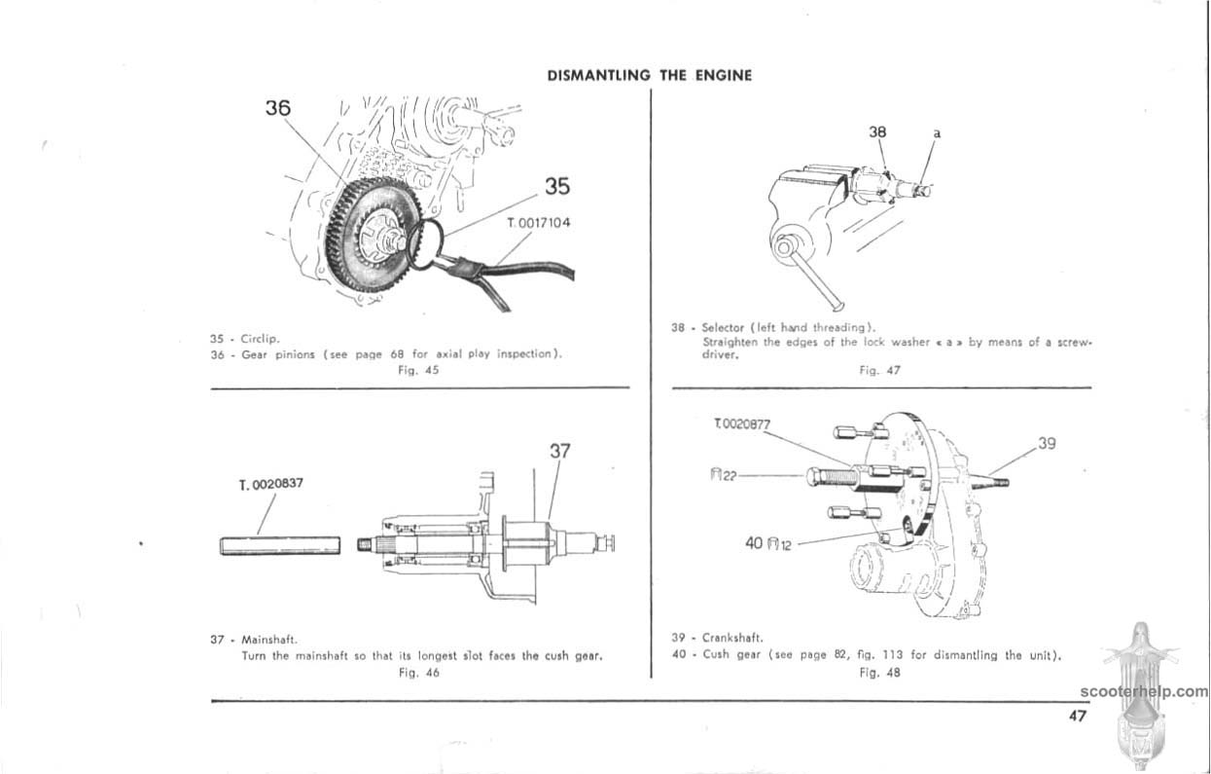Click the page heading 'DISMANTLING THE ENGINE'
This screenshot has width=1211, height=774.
tap(649, 75)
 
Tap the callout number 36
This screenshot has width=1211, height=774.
tap(278, 108)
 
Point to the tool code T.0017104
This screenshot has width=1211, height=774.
tap(539, 223)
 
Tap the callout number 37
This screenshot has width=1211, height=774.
tap(559, 451)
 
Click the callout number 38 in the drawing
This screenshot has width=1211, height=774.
tap(878, 129)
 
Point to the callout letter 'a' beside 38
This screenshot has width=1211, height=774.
tap(938, 130)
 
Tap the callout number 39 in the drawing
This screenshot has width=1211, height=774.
tap(1047, 443)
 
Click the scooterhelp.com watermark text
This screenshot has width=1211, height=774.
tap(1144, 692)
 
